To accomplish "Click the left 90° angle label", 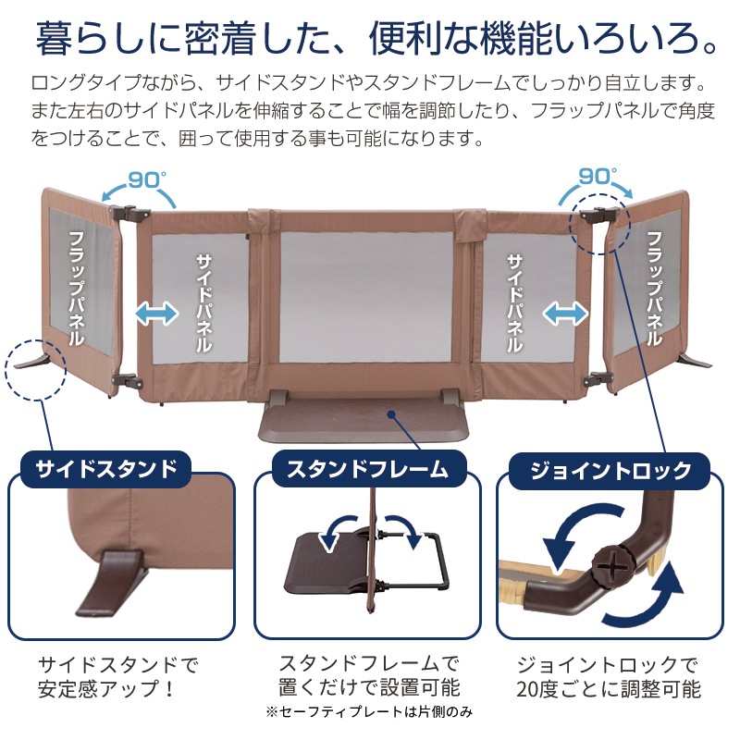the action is tap(147, 179).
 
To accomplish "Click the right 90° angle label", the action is tap(598, 177).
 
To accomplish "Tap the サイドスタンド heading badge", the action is tap(106, 469).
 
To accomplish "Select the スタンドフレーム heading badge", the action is tap(368, 469).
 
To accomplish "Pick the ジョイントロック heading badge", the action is tap(610, 471).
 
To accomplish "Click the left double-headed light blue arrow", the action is tap(157, 314).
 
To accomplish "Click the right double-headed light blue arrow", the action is tap(565, 314).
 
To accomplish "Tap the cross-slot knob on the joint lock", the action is tap(607, 566).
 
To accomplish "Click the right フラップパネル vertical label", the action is tap(654, 289).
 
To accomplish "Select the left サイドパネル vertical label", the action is tap(203, 303).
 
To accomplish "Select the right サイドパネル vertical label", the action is tap(515, 303).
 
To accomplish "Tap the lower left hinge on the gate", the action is tap(126, 381).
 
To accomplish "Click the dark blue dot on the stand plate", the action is tap(391, 414).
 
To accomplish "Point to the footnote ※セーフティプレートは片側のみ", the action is tap(369, 712).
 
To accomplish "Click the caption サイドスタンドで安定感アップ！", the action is tap(118, 677).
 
